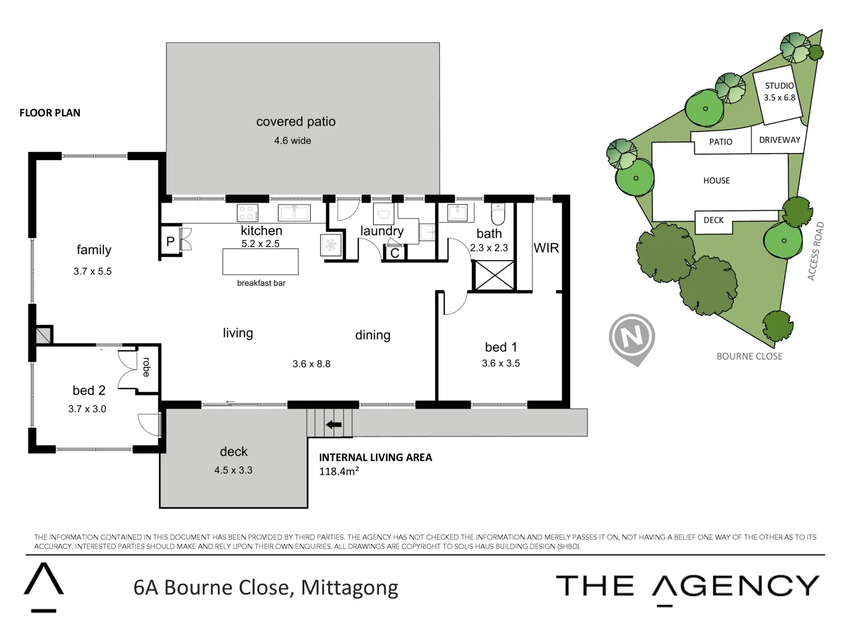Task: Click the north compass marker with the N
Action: (631, 337)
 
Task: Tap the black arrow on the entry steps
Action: (333, 424)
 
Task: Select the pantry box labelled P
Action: (170, 241)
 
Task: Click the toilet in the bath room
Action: (498, 215)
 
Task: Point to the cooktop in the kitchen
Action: (247, 213)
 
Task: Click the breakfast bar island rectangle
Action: (260, 261)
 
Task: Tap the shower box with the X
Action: (494, 276)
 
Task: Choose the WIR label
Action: (546, 248)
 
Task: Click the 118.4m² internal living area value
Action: (339, 471)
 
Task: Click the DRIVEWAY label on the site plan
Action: (779, 140)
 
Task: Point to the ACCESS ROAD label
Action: (816, 251)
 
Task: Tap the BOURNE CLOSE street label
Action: (749, 356)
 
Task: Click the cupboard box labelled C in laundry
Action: (395, 253)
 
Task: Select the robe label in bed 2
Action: (146, 367)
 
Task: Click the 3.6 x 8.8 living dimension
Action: (311, 364)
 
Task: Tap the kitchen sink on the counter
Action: (294, 213)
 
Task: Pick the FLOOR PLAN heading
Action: (50, 113)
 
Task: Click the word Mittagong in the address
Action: (349, 587)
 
